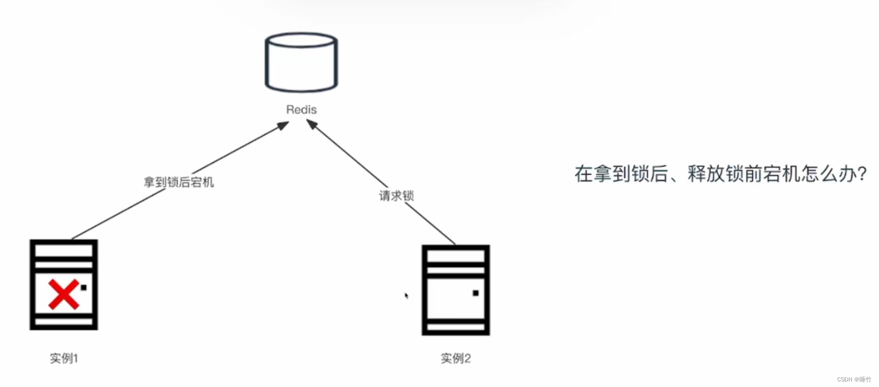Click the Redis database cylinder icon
(x=301, y=63)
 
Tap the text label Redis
(x=301, y=110)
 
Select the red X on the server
(x=63, y=294)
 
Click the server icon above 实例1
(x=64, y=284)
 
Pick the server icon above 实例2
(x=456, y=290)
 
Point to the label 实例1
(x=64, y=358)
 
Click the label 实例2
(x=456, y=358)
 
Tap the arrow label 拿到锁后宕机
(x=179, y=182)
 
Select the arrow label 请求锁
(x=396, y=196)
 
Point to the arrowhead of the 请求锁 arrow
(x=312, y=124)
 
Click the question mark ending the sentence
(x=862, y=174)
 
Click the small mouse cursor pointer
(x=406, y=296)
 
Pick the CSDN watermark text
(x=854, y=379)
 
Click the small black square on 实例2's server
(x=476, y=293)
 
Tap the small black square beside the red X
(x=83, y=287)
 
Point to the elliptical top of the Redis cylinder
(x=301, y=40)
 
